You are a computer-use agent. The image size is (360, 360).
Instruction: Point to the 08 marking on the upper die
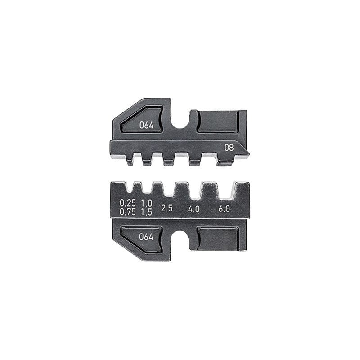(229, 147)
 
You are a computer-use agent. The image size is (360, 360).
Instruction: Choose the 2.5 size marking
(167, 208)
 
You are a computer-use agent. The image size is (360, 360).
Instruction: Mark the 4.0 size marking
(193, 208)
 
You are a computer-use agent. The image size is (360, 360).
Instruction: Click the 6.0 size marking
(224, 208)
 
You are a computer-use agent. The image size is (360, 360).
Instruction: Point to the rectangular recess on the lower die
(218, 238)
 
